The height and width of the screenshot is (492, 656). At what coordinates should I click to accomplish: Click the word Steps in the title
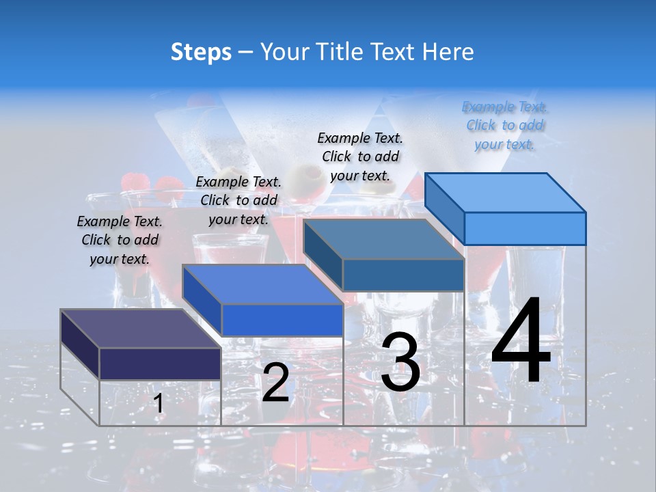point(201,52)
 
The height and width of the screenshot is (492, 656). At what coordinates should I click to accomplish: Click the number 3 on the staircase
point(400,362)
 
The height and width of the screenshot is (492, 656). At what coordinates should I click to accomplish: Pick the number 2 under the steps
point(275,383)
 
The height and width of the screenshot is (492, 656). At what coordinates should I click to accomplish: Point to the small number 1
point(158,404)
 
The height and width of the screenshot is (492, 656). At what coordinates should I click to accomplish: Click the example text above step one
point(120,240)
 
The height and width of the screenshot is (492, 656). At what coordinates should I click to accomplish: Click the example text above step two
point(238,200)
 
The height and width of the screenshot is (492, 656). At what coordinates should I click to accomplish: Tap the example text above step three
point(360,156)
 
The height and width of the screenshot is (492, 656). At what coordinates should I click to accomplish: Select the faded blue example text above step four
point(505,125)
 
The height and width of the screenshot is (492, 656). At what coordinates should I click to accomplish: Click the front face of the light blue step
point(525,228)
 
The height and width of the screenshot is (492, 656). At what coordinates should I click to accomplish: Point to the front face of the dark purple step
point(160,364)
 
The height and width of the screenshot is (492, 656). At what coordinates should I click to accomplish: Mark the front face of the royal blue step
point(282,320)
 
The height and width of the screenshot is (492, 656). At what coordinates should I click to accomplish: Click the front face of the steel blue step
point(403,275)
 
